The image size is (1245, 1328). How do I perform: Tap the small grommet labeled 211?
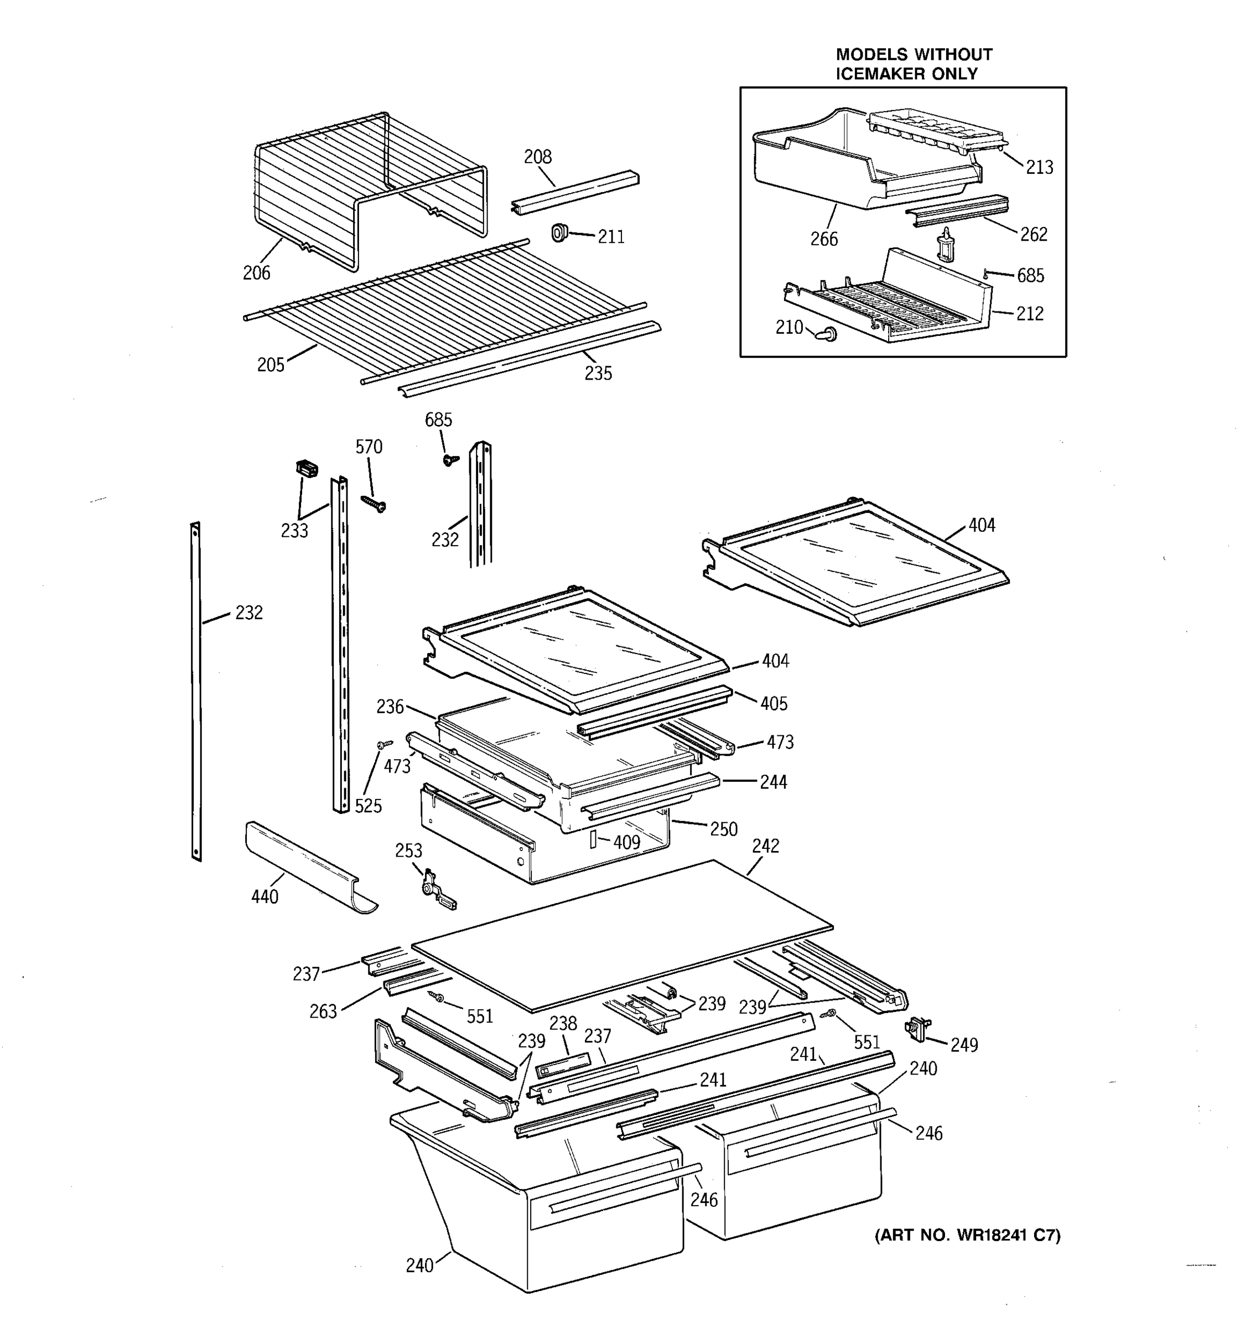559,232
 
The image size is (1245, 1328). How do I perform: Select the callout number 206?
257,273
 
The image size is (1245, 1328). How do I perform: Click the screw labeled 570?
373,503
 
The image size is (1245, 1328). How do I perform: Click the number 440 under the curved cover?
264,896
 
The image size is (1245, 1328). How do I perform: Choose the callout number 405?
774,703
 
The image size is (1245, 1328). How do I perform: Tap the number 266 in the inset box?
823,239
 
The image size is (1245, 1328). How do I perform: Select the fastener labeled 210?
828,333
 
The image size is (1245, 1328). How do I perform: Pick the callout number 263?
323,1011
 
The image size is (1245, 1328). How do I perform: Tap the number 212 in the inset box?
1029,314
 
